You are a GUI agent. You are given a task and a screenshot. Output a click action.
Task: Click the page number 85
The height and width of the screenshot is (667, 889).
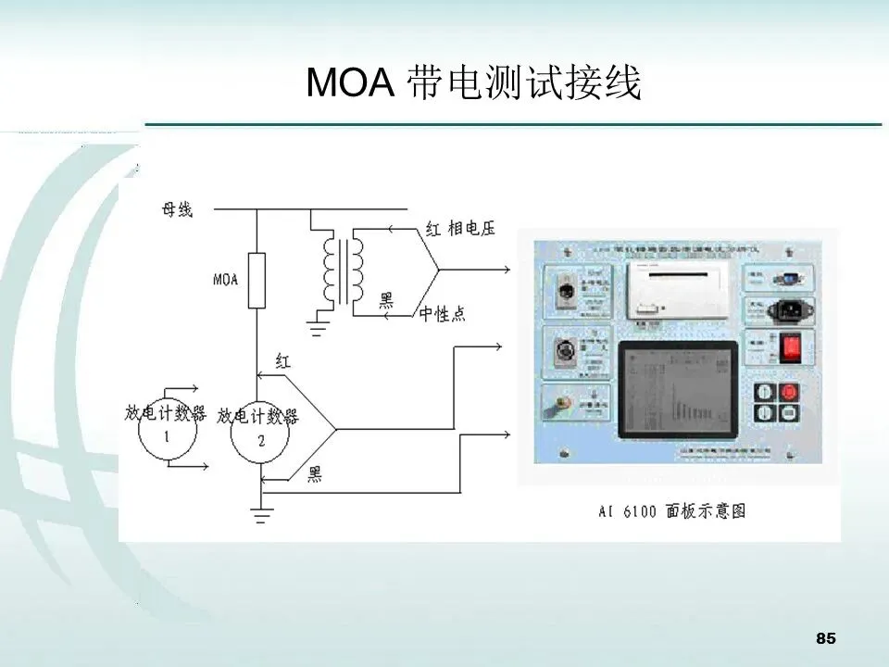coord(826,638)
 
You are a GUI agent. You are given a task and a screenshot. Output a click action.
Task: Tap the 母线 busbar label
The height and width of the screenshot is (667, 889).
coord(177,210)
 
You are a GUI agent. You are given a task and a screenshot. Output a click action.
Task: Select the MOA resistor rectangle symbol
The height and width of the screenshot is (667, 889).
coord(257,280)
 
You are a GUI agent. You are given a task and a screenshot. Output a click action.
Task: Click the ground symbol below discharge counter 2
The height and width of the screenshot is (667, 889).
coord(262,515)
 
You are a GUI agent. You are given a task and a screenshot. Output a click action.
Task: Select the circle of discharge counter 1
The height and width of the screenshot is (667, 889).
coord(168,428)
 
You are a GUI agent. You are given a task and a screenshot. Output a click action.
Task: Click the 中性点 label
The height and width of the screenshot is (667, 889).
coord(442,315)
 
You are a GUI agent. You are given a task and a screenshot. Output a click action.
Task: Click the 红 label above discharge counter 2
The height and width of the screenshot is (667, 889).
coord(283,362)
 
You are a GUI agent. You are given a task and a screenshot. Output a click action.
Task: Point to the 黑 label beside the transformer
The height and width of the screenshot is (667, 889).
coord(386,299)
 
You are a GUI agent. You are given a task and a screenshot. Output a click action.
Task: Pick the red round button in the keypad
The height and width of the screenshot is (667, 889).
coord(789,393)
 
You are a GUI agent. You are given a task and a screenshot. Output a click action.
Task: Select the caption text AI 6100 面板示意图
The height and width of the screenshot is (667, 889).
coord(672,510)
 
